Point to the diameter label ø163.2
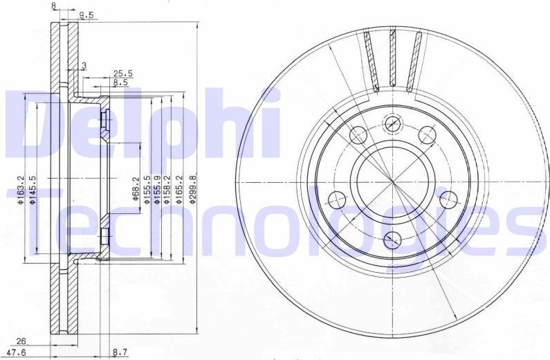21,192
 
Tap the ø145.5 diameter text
33,192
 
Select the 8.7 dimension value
119,352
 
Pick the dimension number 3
83,66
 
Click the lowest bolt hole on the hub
392,240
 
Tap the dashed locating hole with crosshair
392,123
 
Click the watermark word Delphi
142,125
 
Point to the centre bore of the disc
392,182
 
